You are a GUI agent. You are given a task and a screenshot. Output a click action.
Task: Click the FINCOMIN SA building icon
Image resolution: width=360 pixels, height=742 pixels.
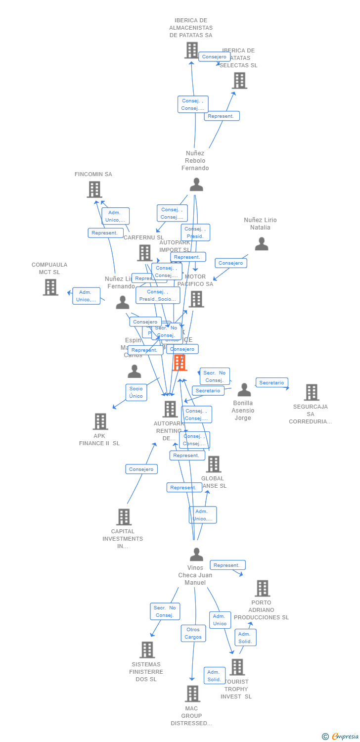point(94,189)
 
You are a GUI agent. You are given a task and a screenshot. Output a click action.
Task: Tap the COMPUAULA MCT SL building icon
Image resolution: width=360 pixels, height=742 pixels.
point(50,287)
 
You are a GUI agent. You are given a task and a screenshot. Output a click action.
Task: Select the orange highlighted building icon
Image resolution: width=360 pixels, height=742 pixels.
point(180,363)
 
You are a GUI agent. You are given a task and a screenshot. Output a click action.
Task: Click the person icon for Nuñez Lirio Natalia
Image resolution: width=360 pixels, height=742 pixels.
point(262,243)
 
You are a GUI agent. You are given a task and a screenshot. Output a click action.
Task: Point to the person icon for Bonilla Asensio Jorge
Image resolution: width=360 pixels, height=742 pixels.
point(244,390)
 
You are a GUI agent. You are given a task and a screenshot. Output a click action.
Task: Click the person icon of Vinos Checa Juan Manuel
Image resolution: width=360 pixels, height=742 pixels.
point(196,555)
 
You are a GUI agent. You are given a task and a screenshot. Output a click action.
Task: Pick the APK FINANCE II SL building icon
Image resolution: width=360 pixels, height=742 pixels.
point(100,421)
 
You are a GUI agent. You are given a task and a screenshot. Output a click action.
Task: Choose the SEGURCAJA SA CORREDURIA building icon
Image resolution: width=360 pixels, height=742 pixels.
point(311,392)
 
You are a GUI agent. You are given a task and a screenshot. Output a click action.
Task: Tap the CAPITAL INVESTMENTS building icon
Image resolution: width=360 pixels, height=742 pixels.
point(124,517)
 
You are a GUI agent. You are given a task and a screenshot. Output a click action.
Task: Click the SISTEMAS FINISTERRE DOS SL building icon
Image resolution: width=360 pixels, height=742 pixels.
point(147,649)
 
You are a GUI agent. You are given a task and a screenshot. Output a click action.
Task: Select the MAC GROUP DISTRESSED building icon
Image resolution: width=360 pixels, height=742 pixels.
point(192,694)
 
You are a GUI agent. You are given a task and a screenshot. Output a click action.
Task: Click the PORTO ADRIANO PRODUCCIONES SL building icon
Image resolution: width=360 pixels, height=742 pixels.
point(262,588)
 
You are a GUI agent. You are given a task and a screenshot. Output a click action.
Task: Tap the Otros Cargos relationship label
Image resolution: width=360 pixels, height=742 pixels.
point(193,633)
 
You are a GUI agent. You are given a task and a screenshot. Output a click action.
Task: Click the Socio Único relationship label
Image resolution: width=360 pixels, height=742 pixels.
point(136,392)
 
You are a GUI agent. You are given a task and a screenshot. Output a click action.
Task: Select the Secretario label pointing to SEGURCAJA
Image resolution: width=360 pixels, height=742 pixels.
point(271,382)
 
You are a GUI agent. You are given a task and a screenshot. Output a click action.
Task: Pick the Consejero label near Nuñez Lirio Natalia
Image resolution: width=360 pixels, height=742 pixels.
point(231,263)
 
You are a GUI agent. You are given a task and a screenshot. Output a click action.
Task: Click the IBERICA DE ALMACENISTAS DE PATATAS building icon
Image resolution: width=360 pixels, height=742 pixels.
point(191,50)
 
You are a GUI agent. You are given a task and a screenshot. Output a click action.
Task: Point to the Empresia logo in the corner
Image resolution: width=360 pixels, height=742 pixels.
point(341,736)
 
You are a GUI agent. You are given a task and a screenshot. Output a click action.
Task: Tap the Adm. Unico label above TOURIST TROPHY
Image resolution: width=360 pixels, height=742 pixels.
point(220,620)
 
